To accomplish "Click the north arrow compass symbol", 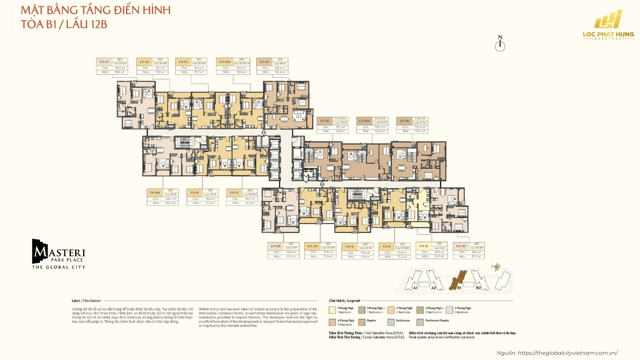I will pyautogui.click(x=500, y=44).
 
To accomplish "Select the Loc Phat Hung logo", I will pyautogui.click(x=608, y=25).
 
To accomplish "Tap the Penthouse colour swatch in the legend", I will pyautogui.click(x=391, y=322).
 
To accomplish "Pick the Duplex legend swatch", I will pyautogui.click(x=362, y=322).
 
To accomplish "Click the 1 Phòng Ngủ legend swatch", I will pyautogui.click(x=332, y=310).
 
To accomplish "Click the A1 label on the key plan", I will pyautogui.click(x=415, y=288).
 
